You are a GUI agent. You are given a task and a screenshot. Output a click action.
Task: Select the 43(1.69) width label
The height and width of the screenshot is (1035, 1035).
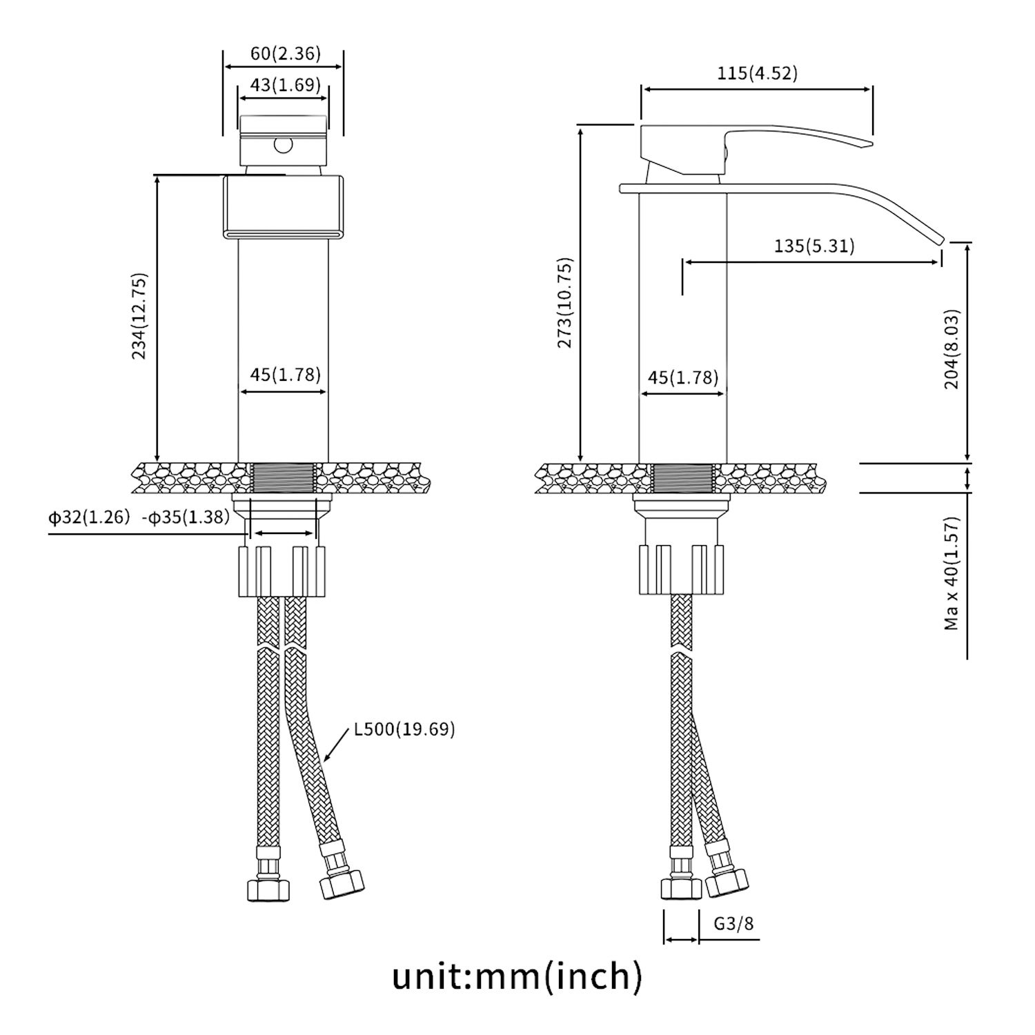click(x=285, y=85)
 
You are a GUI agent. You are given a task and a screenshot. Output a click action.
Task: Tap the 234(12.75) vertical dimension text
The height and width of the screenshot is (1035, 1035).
click(x=139, y=317)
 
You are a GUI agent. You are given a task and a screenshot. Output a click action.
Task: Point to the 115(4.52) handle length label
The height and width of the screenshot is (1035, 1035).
click(x=757, y=73)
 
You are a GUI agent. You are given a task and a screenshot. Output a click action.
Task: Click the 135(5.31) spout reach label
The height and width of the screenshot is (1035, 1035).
click(x=814, y=246)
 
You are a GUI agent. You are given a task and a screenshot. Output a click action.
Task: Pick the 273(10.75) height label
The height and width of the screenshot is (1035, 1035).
click(x=565, y=303)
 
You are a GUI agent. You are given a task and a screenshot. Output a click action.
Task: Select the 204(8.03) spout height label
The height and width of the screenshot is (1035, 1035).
click(x=952, y=349)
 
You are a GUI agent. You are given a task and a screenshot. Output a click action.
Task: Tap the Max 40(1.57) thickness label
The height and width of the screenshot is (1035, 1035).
click(x=952, y=573)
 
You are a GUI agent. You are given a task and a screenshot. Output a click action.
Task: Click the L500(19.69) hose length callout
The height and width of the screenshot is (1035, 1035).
click(x=404, y=729)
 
